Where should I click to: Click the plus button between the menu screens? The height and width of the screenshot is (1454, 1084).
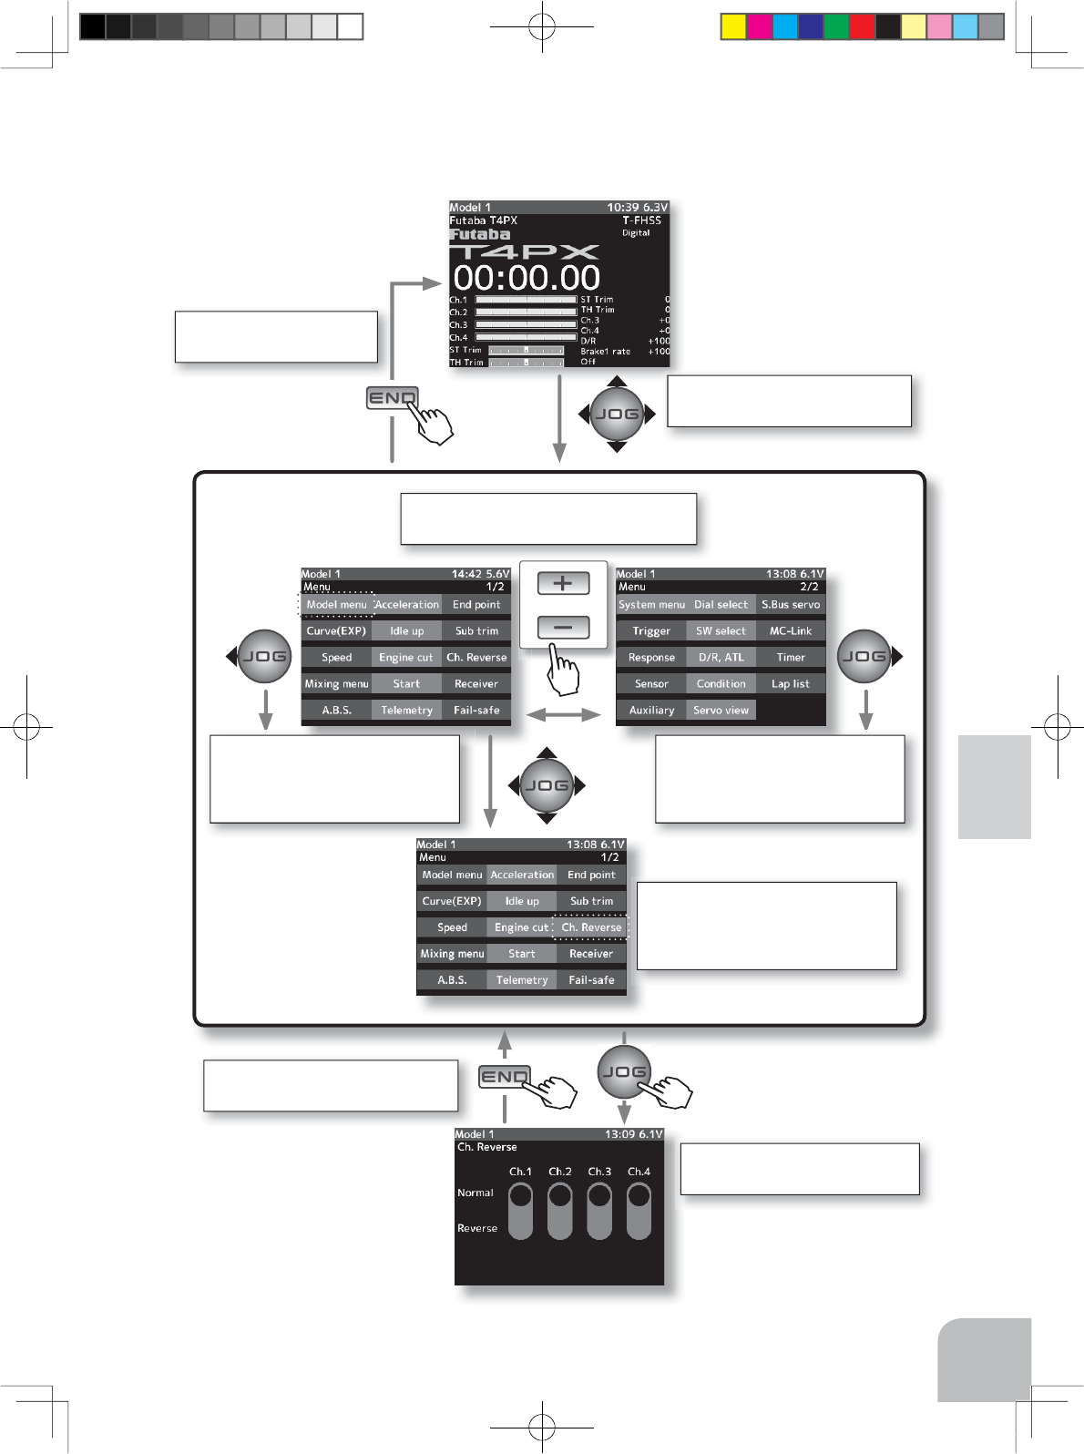(563, 583)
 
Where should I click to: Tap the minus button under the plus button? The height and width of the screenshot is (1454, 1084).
(563, 627)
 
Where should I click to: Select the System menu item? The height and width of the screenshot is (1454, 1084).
(651, 605)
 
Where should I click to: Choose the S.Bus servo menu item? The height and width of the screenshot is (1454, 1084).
(791, 605)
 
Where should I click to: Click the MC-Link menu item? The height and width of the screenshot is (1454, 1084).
(791, 631)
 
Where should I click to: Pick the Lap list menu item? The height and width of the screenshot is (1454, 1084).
(791, 684)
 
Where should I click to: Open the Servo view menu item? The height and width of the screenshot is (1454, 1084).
(721, 711)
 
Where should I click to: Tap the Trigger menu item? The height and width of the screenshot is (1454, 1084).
(651, 631)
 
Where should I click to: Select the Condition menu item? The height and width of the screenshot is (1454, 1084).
(721, 684)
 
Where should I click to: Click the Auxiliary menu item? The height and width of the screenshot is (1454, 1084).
(651, 711)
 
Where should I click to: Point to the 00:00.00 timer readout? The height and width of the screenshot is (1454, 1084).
(527, 278)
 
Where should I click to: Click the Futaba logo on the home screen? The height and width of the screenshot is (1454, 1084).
(480, 235)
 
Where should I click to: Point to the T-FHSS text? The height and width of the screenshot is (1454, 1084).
(641, 220)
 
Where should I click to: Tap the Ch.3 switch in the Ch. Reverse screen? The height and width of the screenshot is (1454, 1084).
(599, 1211)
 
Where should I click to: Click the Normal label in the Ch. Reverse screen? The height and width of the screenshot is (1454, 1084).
(476, 1193)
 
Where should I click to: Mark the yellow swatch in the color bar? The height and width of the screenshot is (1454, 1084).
(733, 26)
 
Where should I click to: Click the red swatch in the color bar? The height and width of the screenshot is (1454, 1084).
(862, 26)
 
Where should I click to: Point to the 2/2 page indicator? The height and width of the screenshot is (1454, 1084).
(809, 588)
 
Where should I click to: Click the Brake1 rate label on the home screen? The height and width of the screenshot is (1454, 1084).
(605, 352)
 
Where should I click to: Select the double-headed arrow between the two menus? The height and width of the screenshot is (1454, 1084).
(564, 715)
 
